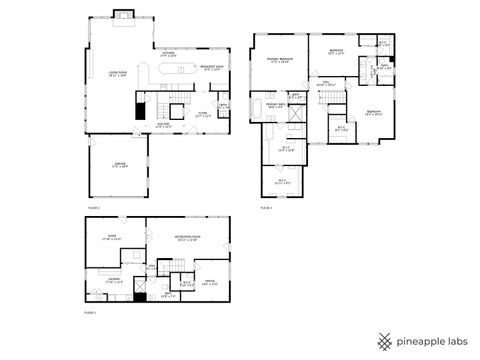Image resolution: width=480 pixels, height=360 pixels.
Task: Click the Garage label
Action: pos(118,167)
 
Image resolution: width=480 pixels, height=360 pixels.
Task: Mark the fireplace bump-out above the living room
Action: pos(125,14)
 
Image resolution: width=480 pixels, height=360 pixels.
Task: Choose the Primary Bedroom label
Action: pos(279,61)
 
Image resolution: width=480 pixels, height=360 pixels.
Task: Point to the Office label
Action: pos(210,283)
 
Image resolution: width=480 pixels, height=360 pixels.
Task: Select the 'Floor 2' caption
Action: pos(94,207)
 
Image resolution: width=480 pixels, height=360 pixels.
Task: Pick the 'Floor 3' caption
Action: pos(266,207)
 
